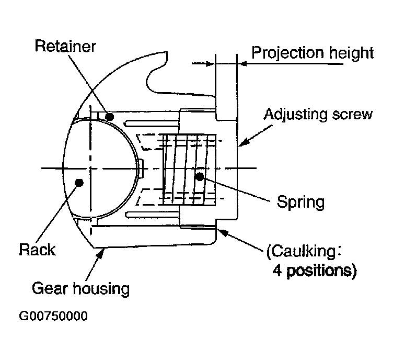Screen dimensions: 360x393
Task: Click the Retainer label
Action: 65,47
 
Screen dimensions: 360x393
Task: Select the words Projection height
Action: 313,53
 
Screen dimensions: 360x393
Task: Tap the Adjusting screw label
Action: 318,115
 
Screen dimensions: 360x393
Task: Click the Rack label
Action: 37,250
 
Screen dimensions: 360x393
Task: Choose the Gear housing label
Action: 80,288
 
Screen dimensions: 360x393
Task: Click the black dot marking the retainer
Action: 109,116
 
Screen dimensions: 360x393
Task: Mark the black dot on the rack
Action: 79,182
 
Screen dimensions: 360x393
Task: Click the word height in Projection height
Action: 351,53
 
